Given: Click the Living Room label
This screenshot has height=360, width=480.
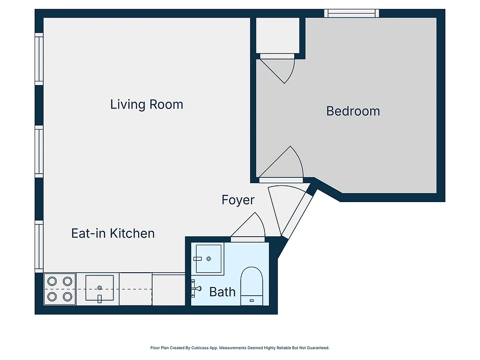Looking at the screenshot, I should tap(147, 104).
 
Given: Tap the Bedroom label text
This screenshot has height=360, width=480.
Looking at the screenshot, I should tap(353, 111).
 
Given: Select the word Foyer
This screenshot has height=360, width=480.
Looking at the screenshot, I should tap(238, 200).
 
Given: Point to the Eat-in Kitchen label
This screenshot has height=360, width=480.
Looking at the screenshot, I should tap(113, 233).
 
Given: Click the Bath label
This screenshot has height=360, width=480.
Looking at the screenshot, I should tap(222, 292).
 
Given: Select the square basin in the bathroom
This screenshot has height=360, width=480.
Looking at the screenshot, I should tap(208, 259).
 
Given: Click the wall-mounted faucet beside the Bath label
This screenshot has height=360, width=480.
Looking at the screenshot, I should tap(195, 288).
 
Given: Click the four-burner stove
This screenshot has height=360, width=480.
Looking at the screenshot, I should tap(60, 289).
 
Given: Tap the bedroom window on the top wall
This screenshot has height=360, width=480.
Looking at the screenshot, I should tap(352, 13).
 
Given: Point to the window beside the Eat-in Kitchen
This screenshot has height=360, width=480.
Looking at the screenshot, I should tap(39, 246).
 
